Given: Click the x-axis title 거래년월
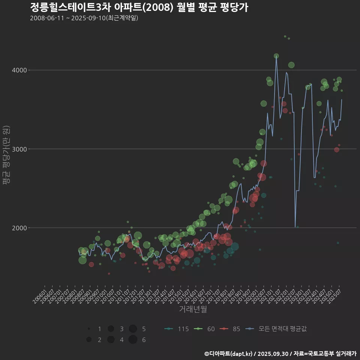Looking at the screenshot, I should pos(193,309).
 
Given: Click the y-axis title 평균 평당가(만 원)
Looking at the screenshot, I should pos(6,155).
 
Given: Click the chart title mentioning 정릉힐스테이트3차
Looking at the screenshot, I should pos(139,7).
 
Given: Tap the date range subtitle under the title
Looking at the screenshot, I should pos(84,18).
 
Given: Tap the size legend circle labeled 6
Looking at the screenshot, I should pos(133,340).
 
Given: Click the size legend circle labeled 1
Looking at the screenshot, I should pos(89,329).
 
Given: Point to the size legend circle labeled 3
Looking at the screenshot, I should pos(111,329).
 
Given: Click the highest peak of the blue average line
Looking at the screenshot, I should pos(276,57).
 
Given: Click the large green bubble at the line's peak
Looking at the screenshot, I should pos(276,56).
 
